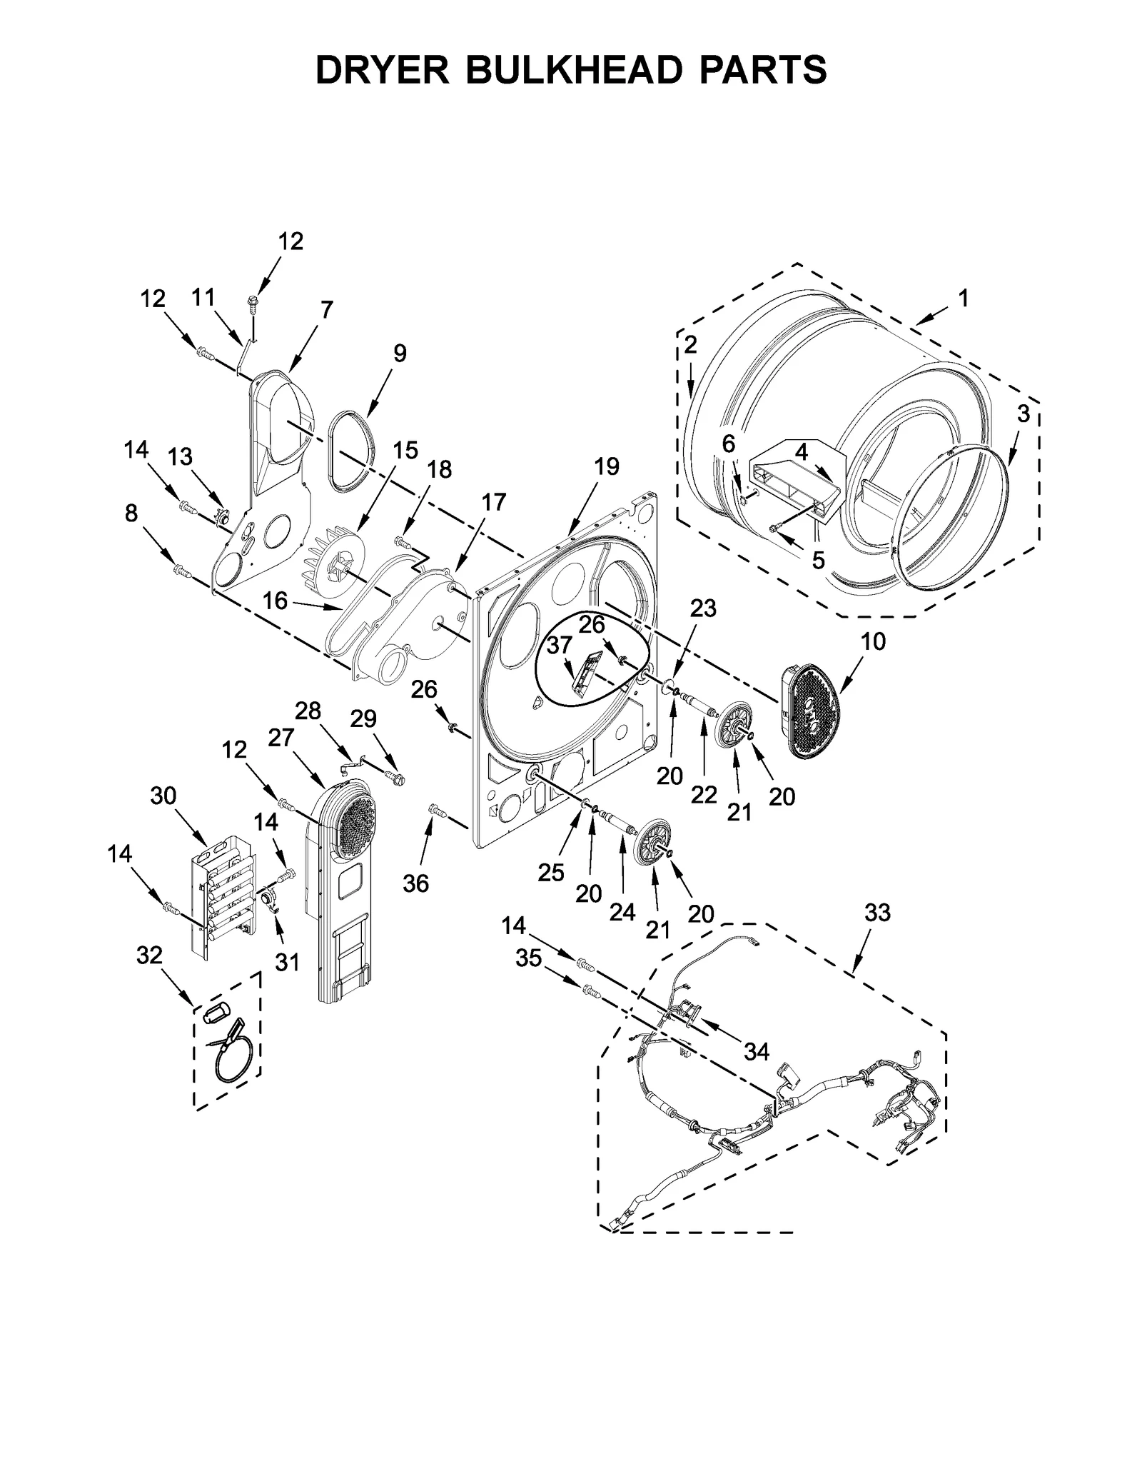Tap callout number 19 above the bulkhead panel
click(x=606, y=467)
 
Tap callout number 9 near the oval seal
click(x=400, y=353)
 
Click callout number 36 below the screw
click(x=415, y=883)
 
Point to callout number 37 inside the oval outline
click(x=559, y=645)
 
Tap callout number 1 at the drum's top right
click(x=963, y=298)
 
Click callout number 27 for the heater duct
click(x=281, y=738)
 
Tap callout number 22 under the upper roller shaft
click(x=703, y=795)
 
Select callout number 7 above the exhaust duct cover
click(x=326, y=310)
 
